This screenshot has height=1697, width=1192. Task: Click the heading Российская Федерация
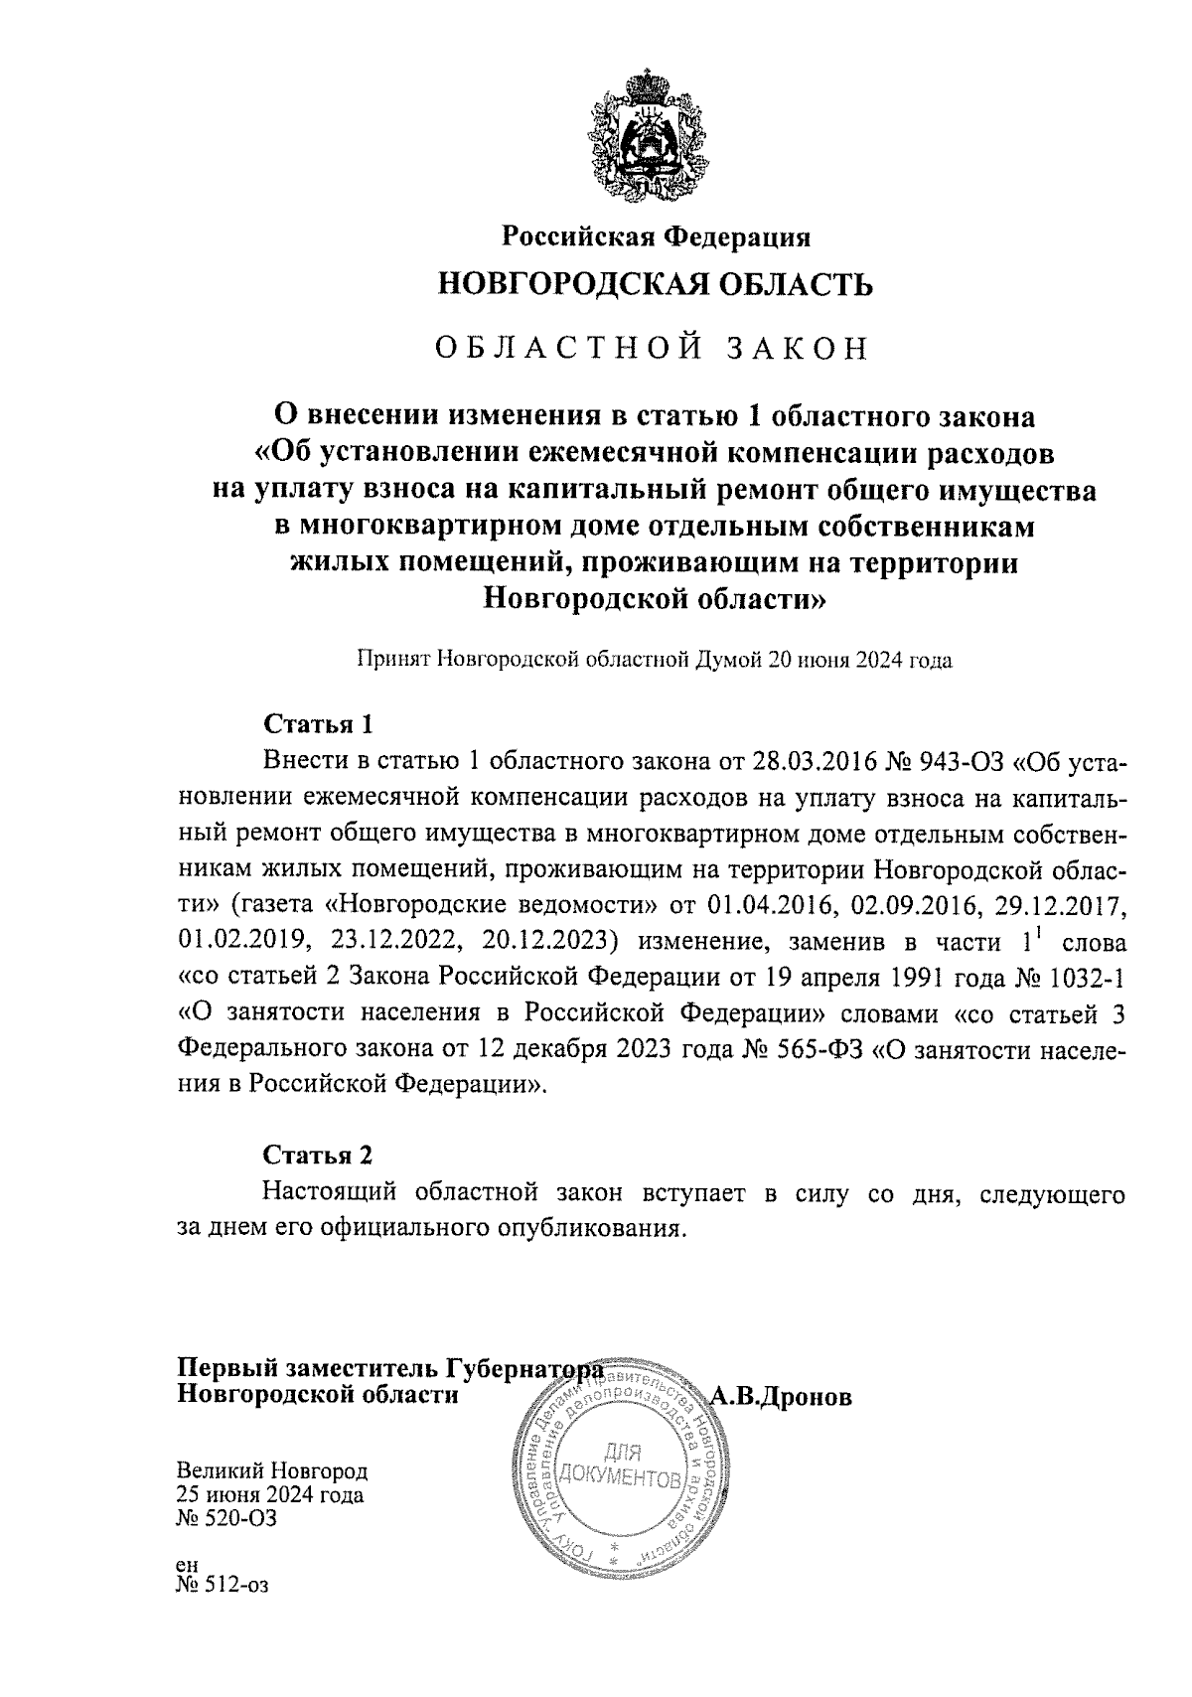click(x=656, y=237)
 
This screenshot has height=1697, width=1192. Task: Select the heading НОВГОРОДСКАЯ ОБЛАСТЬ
click(x=656, y=285)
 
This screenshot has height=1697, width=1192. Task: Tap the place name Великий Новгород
click(x=272, y=1470)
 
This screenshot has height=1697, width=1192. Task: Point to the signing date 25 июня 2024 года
click(x=270, y=1494)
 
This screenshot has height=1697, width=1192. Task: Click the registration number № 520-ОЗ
click(x=225, y=1518)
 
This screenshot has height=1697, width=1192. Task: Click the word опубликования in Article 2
click(x=596, y=1228)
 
